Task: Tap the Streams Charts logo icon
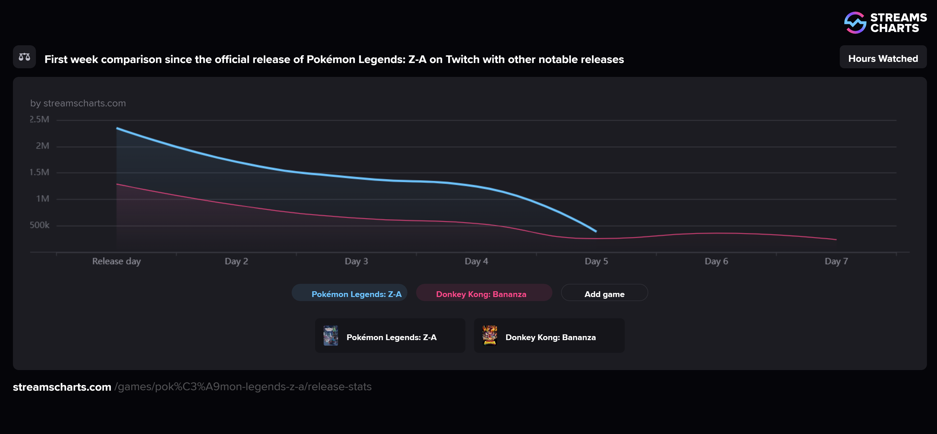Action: [x=855, y=23]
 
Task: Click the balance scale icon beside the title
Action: [x=24, y=57]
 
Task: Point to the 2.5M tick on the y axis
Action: [x=39, y=119]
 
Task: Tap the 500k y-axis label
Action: [x=39, y=225]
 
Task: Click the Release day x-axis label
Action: [x=116, y=261]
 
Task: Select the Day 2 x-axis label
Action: [x=236, y=261]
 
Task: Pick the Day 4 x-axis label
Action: [x=476, y=261]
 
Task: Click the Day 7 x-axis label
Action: [x=836, y=261]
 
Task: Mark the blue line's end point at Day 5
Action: [x=596, y=231]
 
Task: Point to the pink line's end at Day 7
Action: [x=836, y=239]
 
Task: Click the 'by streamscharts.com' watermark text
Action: [x=78, y=103]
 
